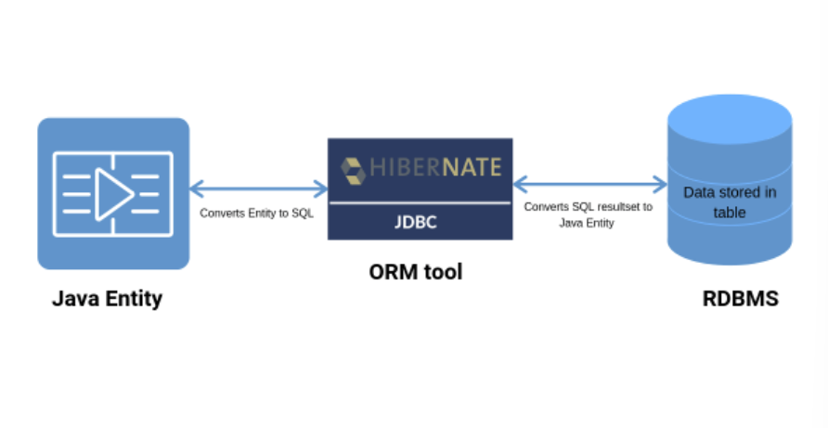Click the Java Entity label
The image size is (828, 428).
pyautogui.click(x=107, y=298)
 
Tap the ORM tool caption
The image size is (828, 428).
pyautogui.click(x=415, y=272)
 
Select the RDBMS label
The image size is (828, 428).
pyautogui.click(x=740, y=299)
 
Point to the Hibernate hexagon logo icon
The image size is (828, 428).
pyautogui.click(x=353, y=170)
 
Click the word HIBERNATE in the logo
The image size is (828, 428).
pyautogui.click(x=435, y=168)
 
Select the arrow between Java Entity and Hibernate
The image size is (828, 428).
pyautogui.click(x=258, y=188)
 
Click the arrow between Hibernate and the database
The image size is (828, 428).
pyautogui.click(x=590, y=184)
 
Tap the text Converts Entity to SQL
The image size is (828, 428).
pyautogui.click(x=257, y=213)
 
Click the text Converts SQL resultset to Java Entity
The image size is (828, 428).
pyautogui.click(x=589, y=214)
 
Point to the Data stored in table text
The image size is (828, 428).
pyautogui.click(x=730, y=202)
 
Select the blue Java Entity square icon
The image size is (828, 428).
pyautogui.click(x=113, y=193)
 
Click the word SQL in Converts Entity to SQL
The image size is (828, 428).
pyautogui.click(x=303, y=213)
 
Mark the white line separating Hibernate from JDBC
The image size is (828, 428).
pyautogui.click(x=420, y=202)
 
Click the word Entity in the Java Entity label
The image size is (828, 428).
pyautogui.click(x=131, y=298)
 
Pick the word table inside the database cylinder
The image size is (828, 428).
pyautogui.click(x=730, y=213)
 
